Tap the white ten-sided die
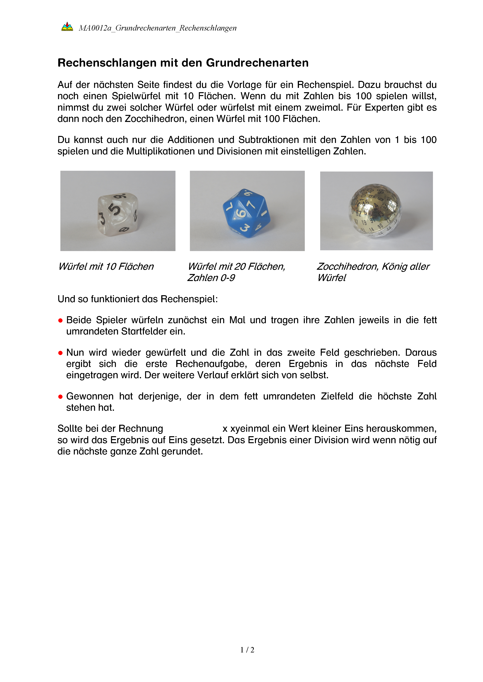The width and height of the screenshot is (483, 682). pyautogui.click(x=118, y=213)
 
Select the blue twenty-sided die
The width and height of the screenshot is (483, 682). pyautogui.click(x=247, y=213)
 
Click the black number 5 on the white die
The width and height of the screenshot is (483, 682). pyautogui.click(x=115, y=209)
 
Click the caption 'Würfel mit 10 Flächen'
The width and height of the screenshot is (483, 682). pyautogui.click(x=106, y=266)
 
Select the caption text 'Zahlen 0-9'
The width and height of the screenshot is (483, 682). pyautogui.click(x=211, y=278)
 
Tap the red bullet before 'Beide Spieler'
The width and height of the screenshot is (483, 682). pyautogui.click(x=60, y=320)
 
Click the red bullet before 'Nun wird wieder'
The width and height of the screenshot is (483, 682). pyautogui.click(x=60, y=353)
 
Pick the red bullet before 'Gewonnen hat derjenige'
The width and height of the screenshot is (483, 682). pyautogui.click(x=60, y=397)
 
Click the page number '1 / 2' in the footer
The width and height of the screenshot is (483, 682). pyautogui.click(x=247, y=650)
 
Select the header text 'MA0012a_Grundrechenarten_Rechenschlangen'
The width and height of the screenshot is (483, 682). pyautogui.click(x=158, y=28)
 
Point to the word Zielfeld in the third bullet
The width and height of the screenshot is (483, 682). pyautogui.click(x=337, y=396)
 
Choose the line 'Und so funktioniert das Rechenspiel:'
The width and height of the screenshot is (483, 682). pyautogui.click(x=138, y=299)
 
